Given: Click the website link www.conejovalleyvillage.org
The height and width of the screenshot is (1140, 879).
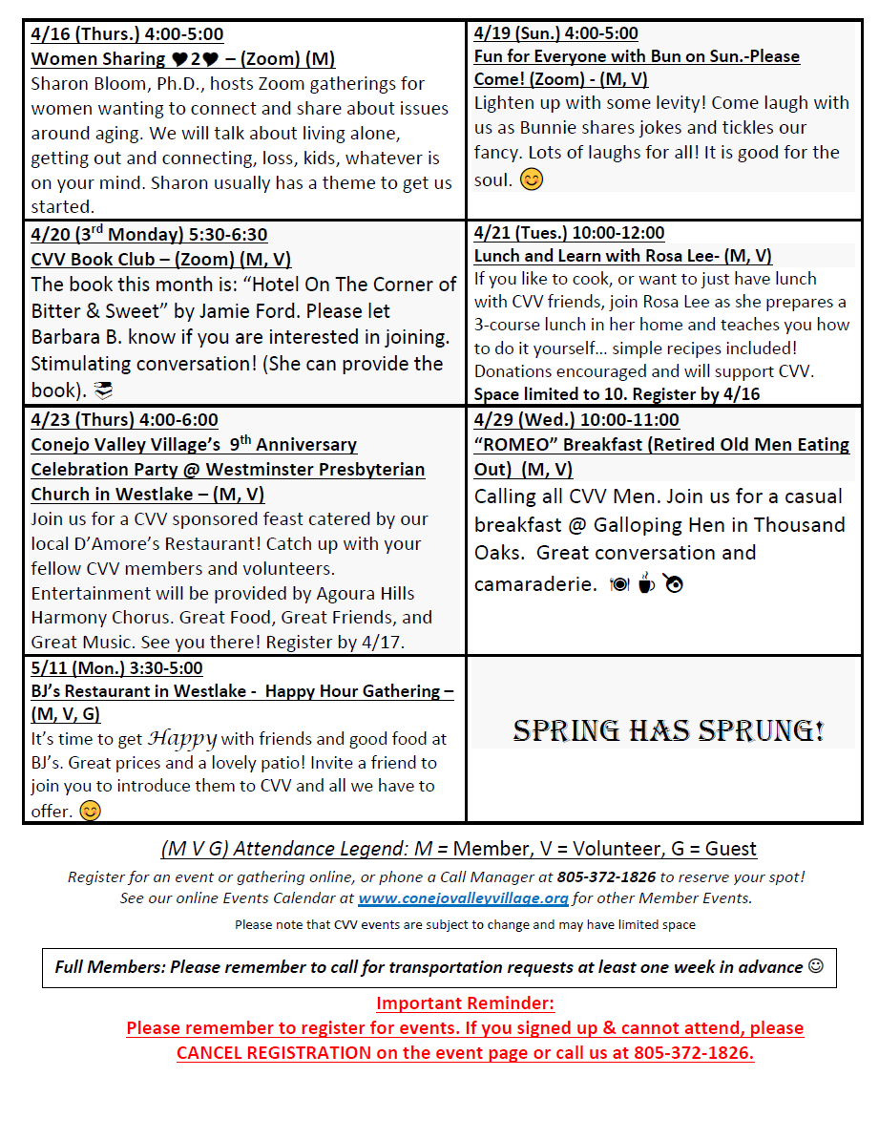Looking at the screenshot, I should (463, 898).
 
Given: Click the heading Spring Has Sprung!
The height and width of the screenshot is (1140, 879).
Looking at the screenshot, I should (668, 731).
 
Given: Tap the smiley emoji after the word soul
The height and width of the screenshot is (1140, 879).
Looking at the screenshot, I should (532, 179).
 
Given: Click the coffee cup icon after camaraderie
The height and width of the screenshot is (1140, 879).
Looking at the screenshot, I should (646, 583).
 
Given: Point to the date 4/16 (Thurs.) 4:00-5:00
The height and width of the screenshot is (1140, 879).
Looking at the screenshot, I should (127, 34).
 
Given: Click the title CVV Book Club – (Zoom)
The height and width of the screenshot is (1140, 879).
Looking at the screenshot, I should (133, 259).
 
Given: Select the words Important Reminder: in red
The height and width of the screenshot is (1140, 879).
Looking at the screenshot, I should (465, 1003).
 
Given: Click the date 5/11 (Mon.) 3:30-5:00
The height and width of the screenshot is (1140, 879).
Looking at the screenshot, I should (116, 668).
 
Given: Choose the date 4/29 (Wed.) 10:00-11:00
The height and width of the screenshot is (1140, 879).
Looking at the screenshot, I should (576, 420).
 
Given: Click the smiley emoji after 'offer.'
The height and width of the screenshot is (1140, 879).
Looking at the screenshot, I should (90, 812).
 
